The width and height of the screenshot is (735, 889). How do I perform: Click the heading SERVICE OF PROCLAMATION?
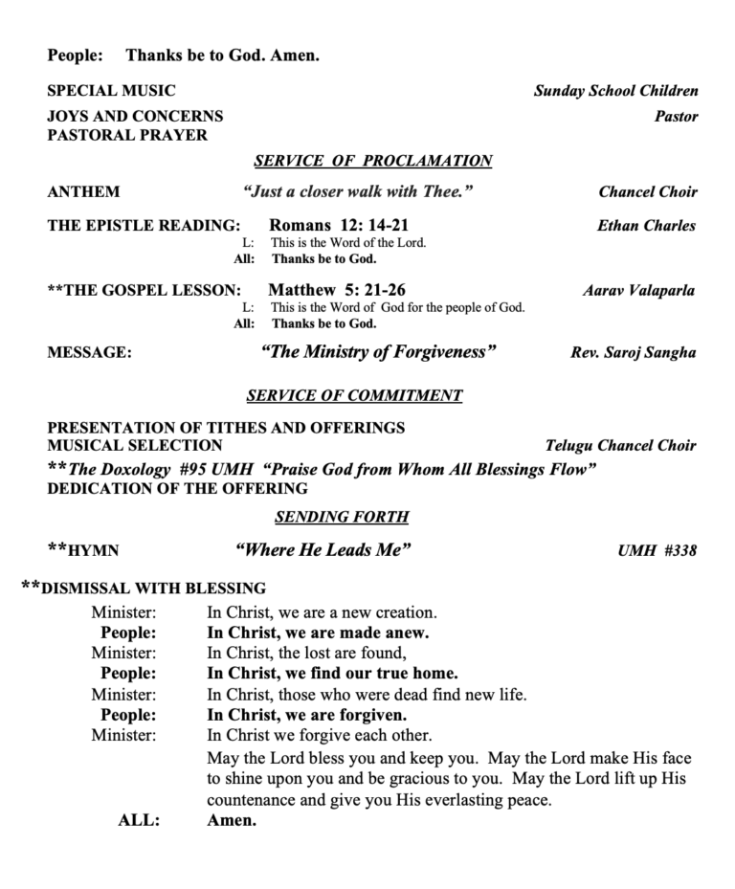(373, 161)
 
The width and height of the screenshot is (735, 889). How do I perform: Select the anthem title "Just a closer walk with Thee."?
(359, 191)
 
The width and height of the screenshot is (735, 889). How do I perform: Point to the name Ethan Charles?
(646, 226)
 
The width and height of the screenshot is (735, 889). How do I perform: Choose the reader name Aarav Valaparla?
(638, 290)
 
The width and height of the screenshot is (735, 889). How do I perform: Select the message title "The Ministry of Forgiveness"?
(378, 352)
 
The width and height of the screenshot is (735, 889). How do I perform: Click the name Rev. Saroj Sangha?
(634, 352)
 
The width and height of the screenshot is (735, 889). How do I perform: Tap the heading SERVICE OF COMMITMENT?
(354, 395)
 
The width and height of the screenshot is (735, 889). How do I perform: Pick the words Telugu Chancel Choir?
(620, 445)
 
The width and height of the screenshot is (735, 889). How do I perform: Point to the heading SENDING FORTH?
(342, 517)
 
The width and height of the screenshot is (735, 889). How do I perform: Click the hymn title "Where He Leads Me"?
(323, 550)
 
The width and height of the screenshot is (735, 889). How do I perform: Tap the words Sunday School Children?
(616, 91)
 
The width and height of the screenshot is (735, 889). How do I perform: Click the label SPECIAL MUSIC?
(112, 91)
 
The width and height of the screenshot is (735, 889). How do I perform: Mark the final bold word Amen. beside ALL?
(233, 820)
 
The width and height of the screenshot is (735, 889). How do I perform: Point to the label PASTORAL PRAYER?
(127, 135)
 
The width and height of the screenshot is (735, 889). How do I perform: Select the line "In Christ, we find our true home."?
(332, 673)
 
